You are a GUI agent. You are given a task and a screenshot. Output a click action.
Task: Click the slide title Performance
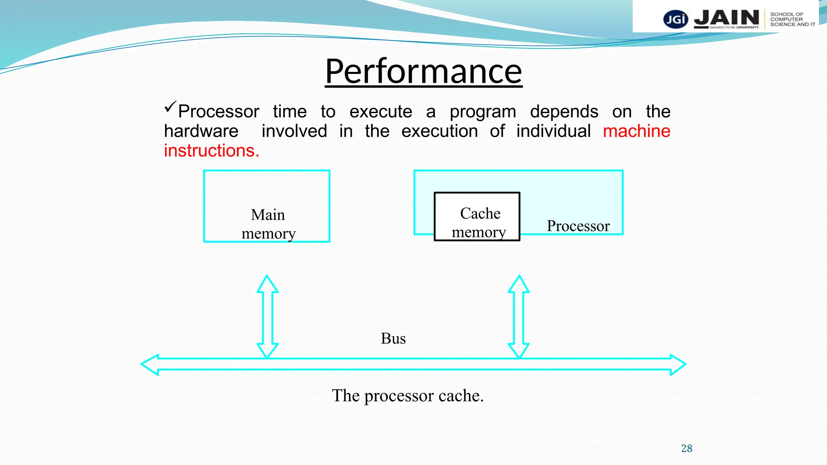pyautogui.click(x=423, y=71)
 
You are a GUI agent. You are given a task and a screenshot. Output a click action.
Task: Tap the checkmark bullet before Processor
pyautogui.click(x=170, y=107)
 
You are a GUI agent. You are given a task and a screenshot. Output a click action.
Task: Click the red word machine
pyautogui.click(x=636, y=131)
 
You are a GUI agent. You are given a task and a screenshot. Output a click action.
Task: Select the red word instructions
pyautogui.click(x=211, y=151)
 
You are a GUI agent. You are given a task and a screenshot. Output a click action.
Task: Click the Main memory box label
pyautogui.click(x=268, y=224)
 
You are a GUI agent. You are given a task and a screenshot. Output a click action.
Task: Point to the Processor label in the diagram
pyautogui.click(x=578, y=226)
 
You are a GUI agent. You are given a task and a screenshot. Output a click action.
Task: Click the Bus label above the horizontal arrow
pyautogui.click(x=393, y=338)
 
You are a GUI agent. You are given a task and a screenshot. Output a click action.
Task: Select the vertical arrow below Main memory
pyautogui.click(x=267, y=316)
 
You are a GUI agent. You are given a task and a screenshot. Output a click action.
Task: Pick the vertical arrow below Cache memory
pyautogui.click(x=518, y=316)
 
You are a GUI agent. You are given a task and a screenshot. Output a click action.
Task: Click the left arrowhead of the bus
pyautogui.click(x=150, y=364)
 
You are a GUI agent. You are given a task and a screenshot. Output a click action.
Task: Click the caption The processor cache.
pyautogui.click(x=407, y=396)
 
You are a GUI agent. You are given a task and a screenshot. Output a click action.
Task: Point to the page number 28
pyautogui.click(x=686, y=448)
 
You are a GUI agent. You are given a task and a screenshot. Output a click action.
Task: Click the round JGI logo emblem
pyautogui.click(x=676, y=19)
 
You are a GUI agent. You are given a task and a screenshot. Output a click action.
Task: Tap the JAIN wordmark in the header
pyautogui.click(x=726, y=18)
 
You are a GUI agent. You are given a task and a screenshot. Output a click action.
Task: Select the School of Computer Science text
pyautogui.click(x=792, y=19)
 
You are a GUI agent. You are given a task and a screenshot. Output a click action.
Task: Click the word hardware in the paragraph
pyautogui.click(x=201, y=131)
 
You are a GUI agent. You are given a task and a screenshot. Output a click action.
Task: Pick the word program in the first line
pyautogui.click(x=483, y=112)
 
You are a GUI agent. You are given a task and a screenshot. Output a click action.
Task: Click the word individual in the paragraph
pyautogui.click(x=553, y=131)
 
